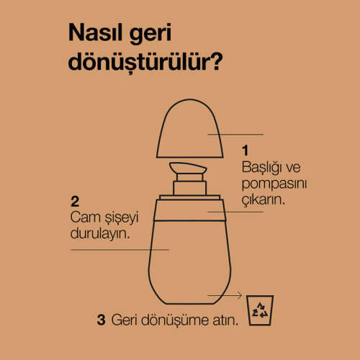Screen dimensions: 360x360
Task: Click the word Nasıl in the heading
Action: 95,32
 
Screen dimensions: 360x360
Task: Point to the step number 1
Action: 245,150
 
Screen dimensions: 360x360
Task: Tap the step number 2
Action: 75,202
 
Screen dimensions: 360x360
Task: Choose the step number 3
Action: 101,320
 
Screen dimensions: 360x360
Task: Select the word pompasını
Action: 274,184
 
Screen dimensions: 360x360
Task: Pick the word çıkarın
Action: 264,199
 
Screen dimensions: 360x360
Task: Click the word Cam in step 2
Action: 85,217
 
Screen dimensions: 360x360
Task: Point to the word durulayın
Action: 100,233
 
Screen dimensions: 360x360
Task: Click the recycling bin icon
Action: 260,310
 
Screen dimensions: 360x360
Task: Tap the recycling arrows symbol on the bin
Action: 260,310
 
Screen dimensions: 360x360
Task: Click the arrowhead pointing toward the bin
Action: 240,295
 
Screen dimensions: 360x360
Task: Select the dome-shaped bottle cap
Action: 189,128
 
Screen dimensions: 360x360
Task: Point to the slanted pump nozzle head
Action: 188,168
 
